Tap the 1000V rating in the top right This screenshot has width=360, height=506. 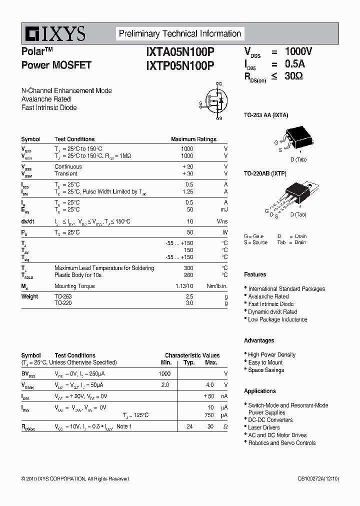[298, 51]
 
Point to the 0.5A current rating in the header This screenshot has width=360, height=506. [295, 64]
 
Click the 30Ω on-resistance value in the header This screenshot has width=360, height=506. [294, 76]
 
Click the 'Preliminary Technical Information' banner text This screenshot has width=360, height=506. [179, 34]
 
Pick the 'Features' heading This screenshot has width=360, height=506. [255, 274]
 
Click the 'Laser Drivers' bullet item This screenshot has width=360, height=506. [264, 427]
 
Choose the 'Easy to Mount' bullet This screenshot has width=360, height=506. [265, 362]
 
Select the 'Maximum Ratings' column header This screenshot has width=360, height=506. [193, 139]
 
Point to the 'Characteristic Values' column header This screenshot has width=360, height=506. [192, 355]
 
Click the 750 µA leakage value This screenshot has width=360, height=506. [209, 415]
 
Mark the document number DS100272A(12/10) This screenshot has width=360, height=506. [315, 479]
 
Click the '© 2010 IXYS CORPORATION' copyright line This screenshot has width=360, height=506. [75, 479]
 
